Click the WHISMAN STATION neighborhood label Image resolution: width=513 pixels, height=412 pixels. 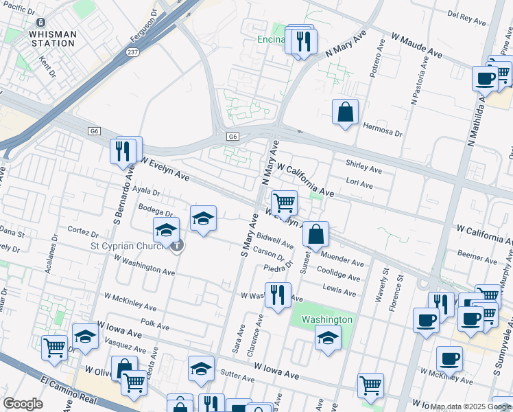[52, 38]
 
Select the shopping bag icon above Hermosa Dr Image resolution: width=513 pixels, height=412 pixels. [345, 111]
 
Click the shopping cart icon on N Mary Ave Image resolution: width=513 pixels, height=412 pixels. [284, 203]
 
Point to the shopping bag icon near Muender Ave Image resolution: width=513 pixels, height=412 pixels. [315, 234]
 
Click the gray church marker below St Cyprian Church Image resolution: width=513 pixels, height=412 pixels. [177, 245]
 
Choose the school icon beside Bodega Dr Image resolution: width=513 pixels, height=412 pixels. [203, 218]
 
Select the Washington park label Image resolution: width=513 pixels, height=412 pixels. [327, 319]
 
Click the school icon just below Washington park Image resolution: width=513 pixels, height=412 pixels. [329, 338]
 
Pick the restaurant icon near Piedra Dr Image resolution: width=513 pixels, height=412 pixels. [278, 295]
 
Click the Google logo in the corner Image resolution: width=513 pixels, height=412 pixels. [23, 404]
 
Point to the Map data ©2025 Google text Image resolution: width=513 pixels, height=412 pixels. [470, 407]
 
